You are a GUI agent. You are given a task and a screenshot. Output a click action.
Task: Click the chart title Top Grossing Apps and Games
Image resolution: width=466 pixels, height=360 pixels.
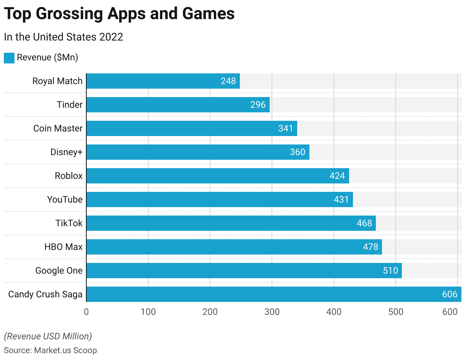pyautogui.click(x=119, y=14)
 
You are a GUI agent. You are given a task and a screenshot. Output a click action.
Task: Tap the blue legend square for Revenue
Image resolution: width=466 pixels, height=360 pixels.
pyautogui.click(x=9, y=58)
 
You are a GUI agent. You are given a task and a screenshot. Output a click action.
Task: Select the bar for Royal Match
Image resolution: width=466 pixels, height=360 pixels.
pyautogui.click(x=163, y=81)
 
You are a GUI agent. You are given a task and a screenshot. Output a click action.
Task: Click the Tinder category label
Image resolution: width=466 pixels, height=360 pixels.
pyautogui.click(x=70, y=105)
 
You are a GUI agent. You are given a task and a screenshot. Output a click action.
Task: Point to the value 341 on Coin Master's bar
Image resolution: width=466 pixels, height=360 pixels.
pyautogui.click(x=285, y=128)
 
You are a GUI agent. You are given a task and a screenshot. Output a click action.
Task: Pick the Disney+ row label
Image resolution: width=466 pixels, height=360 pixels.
pyautogui.click(x=66, y=152)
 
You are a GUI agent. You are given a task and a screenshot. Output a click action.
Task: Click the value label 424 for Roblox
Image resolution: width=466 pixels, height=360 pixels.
pyautogui.click(x=337, y=176)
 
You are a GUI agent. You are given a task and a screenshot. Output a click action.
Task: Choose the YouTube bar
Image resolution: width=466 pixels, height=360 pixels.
pyautogui.click(x=220, y=199)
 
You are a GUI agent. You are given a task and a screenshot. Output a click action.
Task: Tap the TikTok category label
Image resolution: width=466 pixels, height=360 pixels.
pyautogui.click(x=69, y=223)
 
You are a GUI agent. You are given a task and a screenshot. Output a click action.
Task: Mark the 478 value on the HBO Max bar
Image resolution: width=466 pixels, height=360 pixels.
pyautogui.click(x=370, y=247)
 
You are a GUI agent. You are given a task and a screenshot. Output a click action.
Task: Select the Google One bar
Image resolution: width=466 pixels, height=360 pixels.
pyautogui.click(x=244, y=271)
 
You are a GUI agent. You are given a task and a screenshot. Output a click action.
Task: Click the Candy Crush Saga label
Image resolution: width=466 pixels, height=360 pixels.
pyautogui.click(x=45, y=294)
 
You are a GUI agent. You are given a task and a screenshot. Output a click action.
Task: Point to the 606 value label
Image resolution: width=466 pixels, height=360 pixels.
pyautogui.click(x=450, y=294)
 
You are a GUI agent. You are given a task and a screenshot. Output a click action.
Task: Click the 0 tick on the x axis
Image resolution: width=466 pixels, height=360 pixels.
pyautogui.click(x=86, y=312)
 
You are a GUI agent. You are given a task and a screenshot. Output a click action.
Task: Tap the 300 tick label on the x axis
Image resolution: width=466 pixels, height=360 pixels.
pyautogui.click(x=272, y=312)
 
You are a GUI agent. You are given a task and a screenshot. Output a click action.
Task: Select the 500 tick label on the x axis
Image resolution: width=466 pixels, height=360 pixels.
pyautogui.click(x=396, y=312)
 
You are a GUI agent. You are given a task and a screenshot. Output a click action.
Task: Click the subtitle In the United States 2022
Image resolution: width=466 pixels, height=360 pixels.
pyautogui.click(x=63, y=37)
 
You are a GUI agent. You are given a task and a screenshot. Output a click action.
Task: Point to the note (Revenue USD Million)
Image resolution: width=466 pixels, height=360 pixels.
pyautogui.click(x=48, y=336)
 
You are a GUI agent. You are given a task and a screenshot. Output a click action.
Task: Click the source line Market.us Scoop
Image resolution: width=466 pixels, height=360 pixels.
pyautogui.click(x=50, y=350)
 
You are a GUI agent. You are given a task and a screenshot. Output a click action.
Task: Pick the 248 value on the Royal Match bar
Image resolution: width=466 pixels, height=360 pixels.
pyautogui.click(x=228, y=81)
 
